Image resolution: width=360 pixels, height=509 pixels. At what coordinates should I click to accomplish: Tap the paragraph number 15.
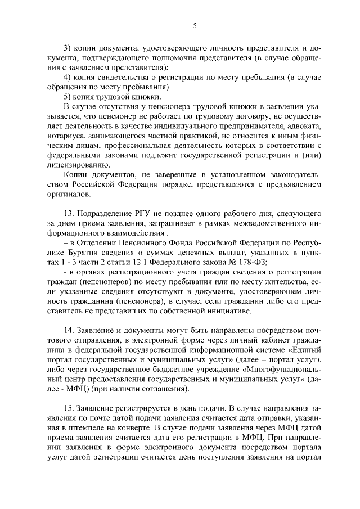coord(69,407)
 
